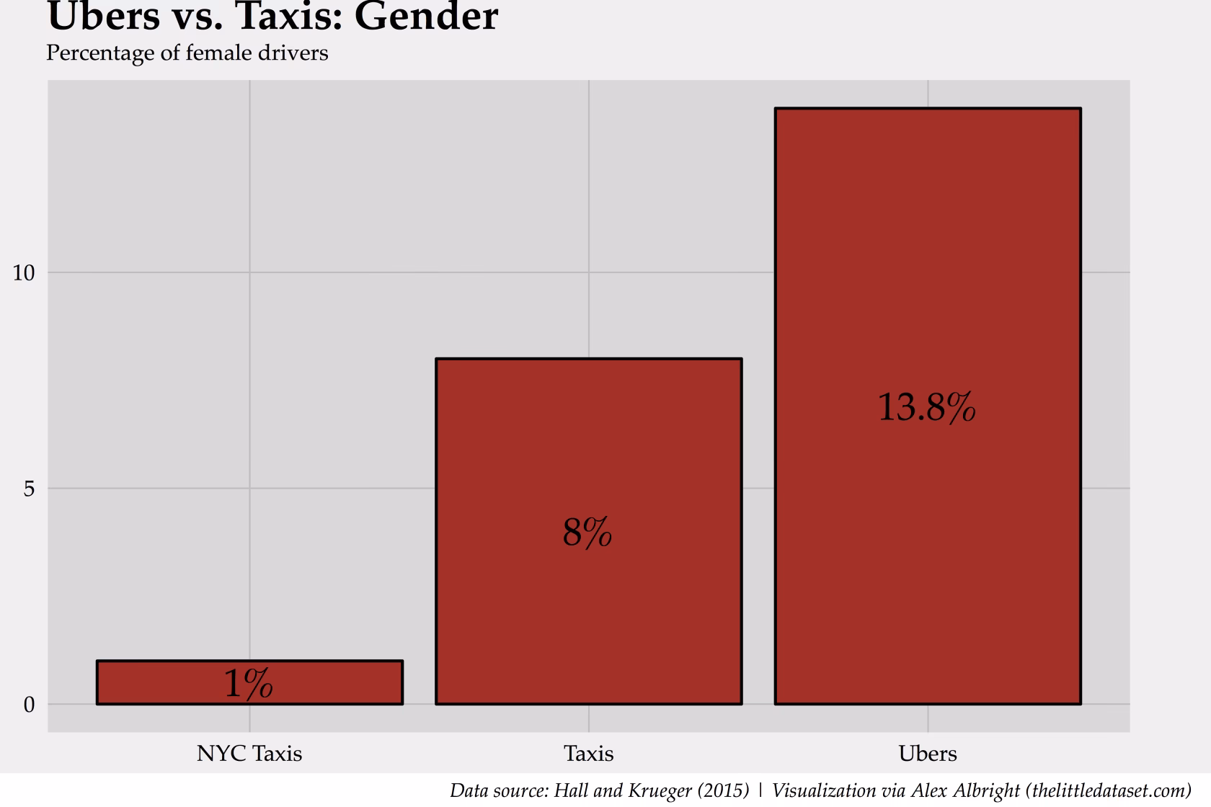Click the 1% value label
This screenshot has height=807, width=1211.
[248, 683]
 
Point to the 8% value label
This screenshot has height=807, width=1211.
[587, 533]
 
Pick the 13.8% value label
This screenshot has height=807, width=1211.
[926, 408]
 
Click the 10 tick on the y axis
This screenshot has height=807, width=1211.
[24, 273]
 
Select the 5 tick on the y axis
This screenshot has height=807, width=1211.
[29, 489]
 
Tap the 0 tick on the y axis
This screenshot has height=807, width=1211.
[29, 705]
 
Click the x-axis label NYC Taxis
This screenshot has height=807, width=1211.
[249, 754]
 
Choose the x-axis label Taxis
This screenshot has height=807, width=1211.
[588, 754]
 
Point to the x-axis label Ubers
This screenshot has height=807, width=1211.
[927, 754]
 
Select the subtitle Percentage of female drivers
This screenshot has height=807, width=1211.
[187, 53]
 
